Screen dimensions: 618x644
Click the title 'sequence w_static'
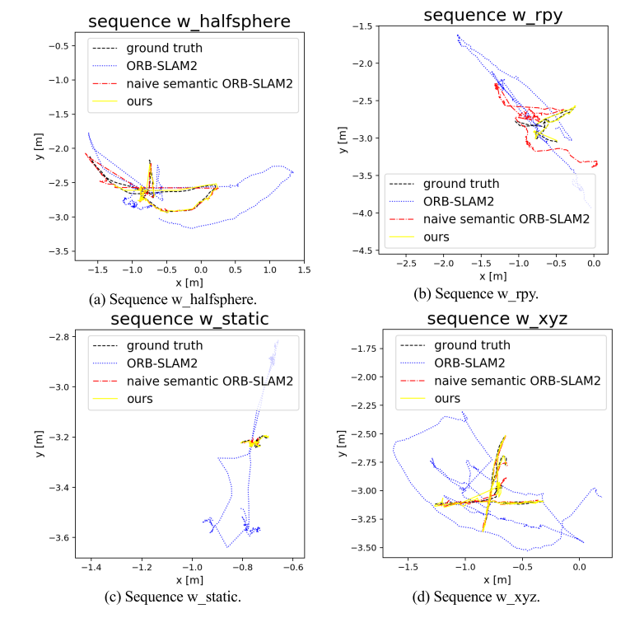coord(189,319)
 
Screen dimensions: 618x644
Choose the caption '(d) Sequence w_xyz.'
coord(488,597)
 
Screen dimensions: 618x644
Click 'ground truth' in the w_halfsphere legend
coord(163,48)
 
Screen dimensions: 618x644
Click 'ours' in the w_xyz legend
coord(447,398)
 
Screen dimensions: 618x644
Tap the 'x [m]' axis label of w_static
coord(192,581)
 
